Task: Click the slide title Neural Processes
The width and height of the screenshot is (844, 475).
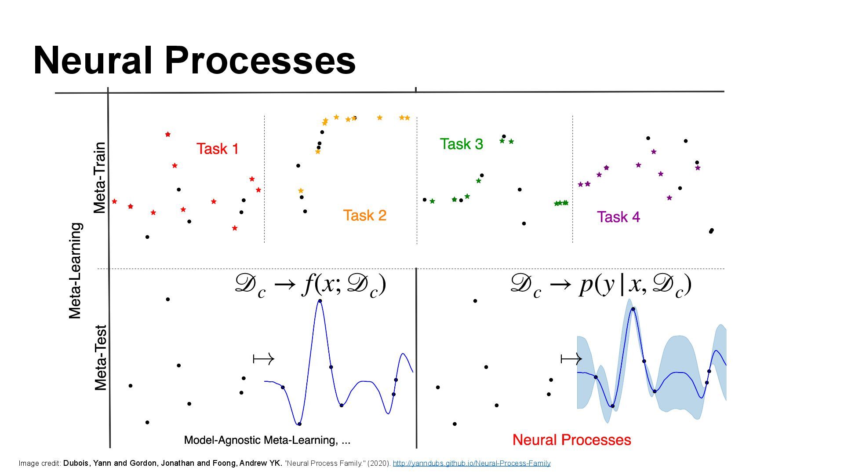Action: (194, 61)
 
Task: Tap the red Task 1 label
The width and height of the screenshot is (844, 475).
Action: (218, 149)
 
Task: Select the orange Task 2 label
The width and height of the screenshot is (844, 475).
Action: (364, 216)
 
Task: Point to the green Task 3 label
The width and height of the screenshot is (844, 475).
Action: (461, 144)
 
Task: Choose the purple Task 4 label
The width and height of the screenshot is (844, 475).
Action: (618, 217)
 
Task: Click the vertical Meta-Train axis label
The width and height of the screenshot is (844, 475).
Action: (100, 178)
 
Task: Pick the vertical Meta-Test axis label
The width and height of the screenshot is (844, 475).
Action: (101, 358)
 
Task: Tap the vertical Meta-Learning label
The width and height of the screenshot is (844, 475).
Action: (75, 270)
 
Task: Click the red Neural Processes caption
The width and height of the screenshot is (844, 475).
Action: (571, 440)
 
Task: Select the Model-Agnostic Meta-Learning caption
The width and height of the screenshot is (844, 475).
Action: (267, 440)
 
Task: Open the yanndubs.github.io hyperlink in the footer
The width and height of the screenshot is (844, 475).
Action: (471, 463)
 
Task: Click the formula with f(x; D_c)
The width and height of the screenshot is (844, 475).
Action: (310, 285)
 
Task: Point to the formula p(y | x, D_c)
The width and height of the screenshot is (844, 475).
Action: (601, 285)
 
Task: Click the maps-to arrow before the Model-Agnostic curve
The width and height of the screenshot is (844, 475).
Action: (264, 359)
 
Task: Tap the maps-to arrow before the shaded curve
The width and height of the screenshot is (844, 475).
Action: (571, 359)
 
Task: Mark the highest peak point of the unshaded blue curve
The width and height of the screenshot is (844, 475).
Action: (320, 301)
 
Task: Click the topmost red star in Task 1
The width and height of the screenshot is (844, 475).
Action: (167, 134)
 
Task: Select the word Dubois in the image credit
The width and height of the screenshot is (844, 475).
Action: (77, 463)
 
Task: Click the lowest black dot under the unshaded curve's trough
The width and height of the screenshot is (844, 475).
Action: (299, 424)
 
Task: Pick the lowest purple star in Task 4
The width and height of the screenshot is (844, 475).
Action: (669, 198)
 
